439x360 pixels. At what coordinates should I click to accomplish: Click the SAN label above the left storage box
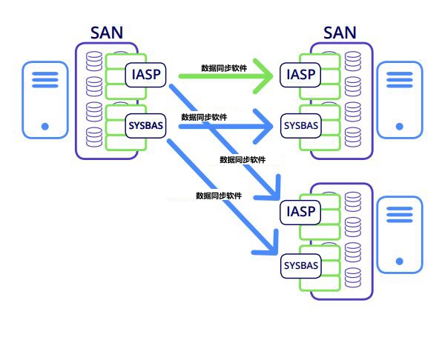click(x=107, y=33)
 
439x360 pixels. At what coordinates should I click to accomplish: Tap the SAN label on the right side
click(x=340, y=33)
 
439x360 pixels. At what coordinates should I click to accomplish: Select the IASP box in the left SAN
click(x=145, y=75)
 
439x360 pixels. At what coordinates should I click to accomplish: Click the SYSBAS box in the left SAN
click(x=145, y=126)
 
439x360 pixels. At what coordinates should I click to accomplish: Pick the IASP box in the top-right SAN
click(x=300, y=75)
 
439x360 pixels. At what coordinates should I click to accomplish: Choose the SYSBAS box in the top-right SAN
click(x=300, y=126)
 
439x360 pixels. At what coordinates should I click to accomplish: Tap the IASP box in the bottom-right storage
click(x=300, y=212)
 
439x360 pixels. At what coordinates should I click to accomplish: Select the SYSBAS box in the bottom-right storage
click(x=300, y=265)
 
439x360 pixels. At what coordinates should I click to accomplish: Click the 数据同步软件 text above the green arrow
click(x=224, y=68)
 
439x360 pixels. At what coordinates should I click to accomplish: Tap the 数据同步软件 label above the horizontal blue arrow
click(x=204, y=117)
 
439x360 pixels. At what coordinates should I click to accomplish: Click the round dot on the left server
click(x=45, y=127)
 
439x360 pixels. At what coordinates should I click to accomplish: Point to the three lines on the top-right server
click(x=400, y=80)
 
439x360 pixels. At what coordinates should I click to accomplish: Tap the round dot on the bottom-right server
click(x=400, y=261)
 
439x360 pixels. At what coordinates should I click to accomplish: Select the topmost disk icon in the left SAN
click(x=94, y=61)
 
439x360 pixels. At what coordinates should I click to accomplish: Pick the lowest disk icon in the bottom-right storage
click(x=353, y=278)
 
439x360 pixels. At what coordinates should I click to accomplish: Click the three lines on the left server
click(x=45, y=80)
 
